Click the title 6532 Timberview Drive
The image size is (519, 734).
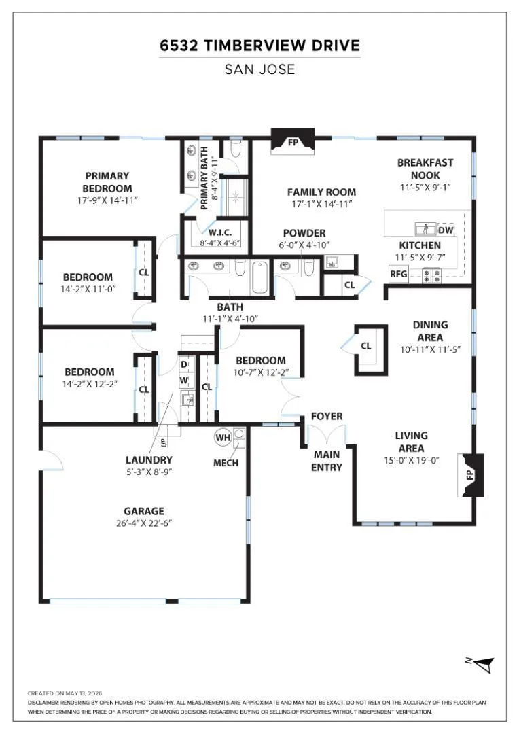pyautogui.click(x=259, y=46)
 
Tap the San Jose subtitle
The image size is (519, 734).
pyautogui.click(x=259, y=69)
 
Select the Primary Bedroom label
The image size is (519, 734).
pyautogui.click(x=107, y=182)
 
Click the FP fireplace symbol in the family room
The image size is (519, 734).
pyautogui.click(x=293, y=141)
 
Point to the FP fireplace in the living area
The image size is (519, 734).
pyautogui.click(x=470, y=475)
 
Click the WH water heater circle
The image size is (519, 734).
pyautogui.click(x=223, y=438)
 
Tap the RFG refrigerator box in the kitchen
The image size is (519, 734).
pyautogui.click(x=399, y=274)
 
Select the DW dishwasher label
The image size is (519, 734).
pyautogui.click(x=446, y=230)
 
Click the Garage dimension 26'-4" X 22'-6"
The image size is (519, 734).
pyautogui.click(x=144, y=523)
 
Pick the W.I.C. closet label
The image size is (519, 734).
pyautogui.click(x=220, y=232)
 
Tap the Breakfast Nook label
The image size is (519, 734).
pyautogui.click(x=425, y=169)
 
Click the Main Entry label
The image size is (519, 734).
pyautogui.click(x=327, y=461)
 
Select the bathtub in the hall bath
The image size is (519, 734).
pyautogui.click(x=259, y=277)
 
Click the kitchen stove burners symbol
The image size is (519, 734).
pyautogui.click(x=432, y=275)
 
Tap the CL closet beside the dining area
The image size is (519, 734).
pyautogui.click(x=365, y=346)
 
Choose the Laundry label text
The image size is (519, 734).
pyautogui.click(x=149, y=459)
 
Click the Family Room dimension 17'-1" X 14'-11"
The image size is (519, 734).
pyautogui.click(x=321, y=204)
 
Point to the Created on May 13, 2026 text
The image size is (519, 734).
pyautogui.click(x=65, y=693)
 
